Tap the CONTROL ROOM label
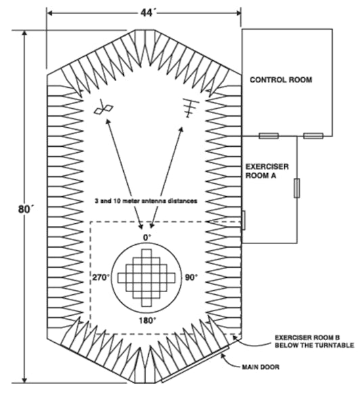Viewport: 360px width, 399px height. (x=281, y=80)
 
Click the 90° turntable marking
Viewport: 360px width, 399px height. (x=192, y=277)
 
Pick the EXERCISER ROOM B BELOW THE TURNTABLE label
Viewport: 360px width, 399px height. (x=314, y=342)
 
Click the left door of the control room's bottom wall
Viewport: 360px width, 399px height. (x=269, y=135)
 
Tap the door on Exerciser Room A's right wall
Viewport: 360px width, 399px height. (x=297, y=188)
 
